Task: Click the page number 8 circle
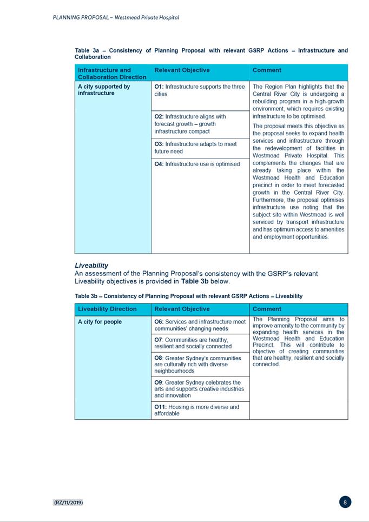tap(345, 502)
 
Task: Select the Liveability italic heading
tap(91, 266)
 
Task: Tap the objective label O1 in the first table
tap(159, 87)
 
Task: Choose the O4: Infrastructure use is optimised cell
tap(197, 164)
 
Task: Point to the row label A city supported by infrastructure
tap(104, 90)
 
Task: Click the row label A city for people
tap(100, 322)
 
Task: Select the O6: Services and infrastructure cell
tap(200, 325)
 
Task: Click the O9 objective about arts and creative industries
tap(199, 388)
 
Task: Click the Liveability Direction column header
tap(107, 309)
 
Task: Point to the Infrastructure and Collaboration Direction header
tap(112, 73)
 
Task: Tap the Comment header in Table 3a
tap(267, 70)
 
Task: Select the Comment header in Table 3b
tap(267, 309)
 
